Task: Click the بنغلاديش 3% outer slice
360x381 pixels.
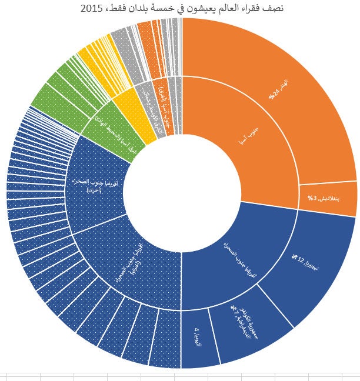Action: (x=329, y=198)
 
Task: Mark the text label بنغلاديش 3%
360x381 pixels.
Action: (x=324, y=198)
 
